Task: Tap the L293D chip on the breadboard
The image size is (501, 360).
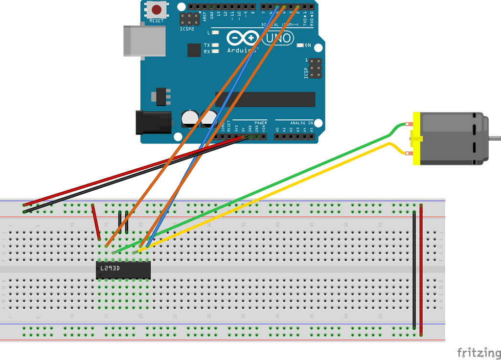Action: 123,270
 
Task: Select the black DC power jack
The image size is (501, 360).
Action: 153,122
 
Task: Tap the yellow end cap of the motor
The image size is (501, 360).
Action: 417,138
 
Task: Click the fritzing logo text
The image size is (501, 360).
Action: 478,352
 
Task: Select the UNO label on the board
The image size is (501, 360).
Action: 278,38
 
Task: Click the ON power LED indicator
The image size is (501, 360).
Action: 300,45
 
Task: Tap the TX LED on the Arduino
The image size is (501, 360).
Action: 215,45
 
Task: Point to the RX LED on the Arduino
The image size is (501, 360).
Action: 215,51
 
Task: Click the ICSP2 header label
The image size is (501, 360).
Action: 187,29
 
